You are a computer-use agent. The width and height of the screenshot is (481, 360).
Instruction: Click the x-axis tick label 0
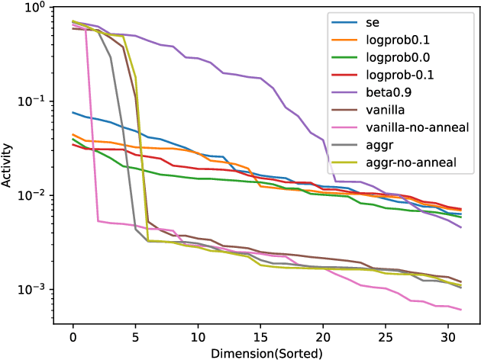point(73,336)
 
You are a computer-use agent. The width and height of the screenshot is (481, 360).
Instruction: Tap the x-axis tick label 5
point(135,336)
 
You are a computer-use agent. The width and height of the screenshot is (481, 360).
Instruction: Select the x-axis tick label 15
point(260,336)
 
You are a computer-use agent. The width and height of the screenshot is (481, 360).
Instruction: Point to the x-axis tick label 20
point(323,336)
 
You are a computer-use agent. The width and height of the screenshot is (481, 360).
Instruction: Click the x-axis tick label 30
point(448,336)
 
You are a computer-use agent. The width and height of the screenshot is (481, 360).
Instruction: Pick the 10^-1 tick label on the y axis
point(35,101)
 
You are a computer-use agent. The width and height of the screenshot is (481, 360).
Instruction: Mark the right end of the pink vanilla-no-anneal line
point(460,310)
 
